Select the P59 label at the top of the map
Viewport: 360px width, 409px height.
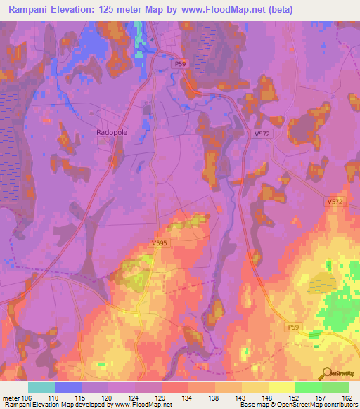click(181, 64)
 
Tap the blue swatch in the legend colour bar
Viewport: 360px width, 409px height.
click(68, 387)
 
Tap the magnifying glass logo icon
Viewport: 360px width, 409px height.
click(324, 372)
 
